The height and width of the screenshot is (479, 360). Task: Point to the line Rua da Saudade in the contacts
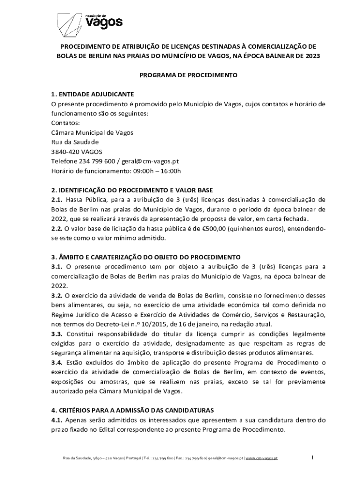tap(75, 142)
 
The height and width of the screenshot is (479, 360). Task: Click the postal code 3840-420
tap(65, 152)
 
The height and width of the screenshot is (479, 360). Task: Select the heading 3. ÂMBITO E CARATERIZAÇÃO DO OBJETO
tap(145, 257)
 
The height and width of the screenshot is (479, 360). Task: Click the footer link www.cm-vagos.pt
tap(261, 458)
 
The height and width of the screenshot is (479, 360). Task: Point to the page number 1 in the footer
tap(313, 458)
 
